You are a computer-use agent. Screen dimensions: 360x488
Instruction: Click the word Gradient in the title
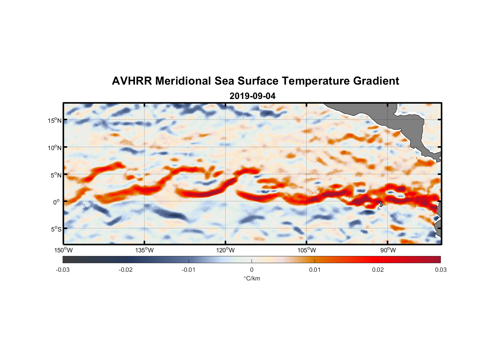pyautogui.click(x=376, y=81)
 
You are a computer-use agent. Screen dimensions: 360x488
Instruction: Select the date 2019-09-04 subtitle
pyautogui.click(x=252, y=96)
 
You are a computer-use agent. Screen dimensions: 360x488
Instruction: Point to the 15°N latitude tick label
pyautogui.click(x=55, y=120)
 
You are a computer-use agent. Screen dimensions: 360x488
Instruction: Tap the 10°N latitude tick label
pyautogui.click(x=55, y=148)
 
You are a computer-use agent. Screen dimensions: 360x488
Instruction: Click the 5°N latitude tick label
pyautogui.click(x=56, y=175)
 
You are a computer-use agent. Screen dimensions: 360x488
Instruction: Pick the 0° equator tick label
pyautogui.click(x=57, y=202)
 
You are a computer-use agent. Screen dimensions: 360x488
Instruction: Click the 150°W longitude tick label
pyautogui.click(x=63, y=250)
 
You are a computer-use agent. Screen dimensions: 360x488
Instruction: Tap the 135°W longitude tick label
pyautogui.click(x=145, y=250)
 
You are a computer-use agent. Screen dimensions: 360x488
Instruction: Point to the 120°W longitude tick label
pyautogui.click(x=226, y=250)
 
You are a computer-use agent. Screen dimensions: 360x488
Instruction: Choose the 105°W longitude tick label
pyautogui.click(x=307, y=250)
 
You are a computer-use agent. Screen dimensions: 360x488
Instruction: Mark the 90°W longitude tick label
pyautogui.click(x=388, y=250)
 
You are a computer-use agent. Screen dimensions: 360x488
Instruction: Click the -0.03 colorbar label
pyautogui.click(x=63, y=270)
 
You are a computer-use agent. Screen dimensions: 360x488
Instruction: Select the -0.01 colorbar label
pyautogui.click(x=189, y=270)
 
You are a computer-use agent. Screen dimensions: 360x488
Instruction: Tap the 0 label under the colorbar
pyautogui.click(x=252, y=270)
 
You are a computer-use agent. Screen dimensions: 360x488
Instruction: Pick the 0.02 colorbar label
pyautogui.click(x=378, y=270)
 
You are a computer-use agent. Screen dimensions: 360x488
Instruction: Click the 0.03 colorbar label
pyautogui.click(x=440, y=270)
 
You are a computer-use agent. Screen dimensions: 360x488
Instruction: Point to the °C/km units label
pyautogui.click(x=252, y=278)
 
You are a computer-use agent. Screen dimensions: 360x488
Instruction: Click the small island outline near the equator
pyautogui.click(x=381, y=204)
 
